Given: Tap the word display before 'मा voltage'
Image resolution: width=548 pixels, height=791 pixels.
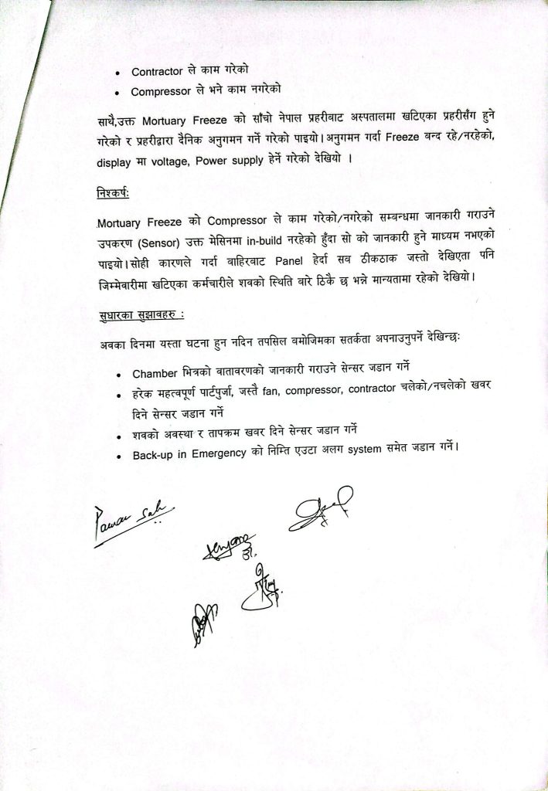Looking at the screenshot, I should [x=115, y=162].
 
